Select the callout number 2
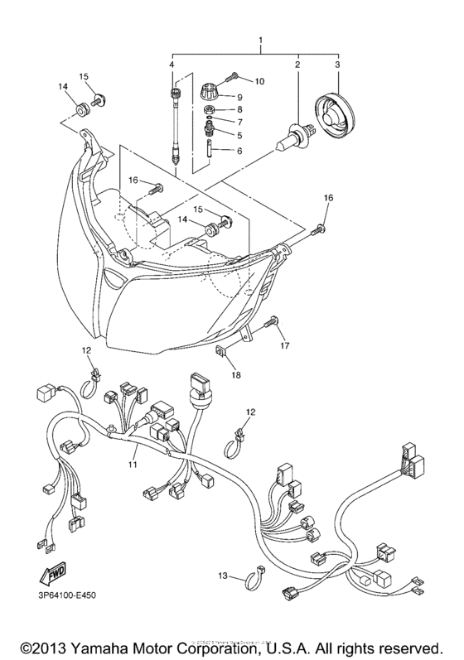(x=297, y=63)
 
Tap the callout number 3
(x=337, y=63)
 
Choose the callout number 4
(x=172, y=64)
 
